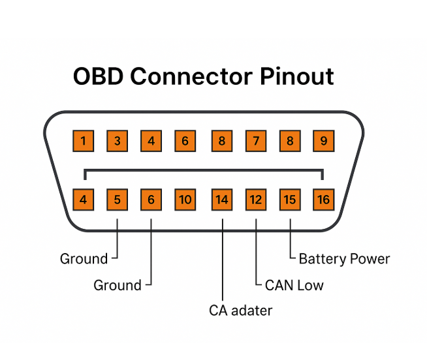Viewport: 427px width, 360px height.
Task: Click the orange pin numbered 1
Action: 84,140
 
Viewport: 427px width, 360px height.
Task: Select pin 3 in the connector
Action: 117,140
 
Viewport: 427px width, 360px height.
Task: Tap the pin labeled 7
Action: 256,140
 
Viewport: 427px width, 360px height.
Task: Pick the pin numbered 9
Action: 323,140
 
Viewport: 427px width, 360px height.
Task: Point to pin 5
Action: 117,200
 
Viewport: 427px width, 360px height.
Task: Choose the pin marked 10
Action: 185,200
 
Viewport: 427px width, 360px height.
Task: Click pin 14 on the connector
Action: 222,200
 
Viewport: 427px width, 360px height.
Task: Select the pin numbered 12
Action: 256,200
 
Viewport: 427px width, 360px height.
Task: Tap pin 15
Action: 290,200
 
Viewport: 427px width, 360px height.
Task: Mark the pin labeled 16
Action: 323,200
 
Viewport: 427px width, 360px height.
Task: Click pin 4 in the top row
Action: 151,140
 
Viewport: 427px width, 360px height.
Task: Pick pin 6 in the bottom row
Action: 151,200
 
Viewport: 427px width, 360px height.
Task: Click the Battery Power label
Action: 344,259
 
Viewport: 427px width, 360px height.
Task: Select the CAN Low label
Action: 294,285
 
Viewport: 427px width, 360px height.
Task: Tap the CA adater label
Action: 240,310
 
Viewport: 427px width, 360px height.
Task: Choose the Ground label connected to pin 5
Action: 84,259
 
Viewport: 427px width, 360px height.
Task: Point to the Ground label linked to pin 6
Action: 118,285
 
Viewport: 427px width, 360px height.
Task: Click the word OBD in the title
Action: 98,76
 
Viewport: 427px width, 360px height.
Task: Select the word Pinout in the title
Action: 297,76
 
